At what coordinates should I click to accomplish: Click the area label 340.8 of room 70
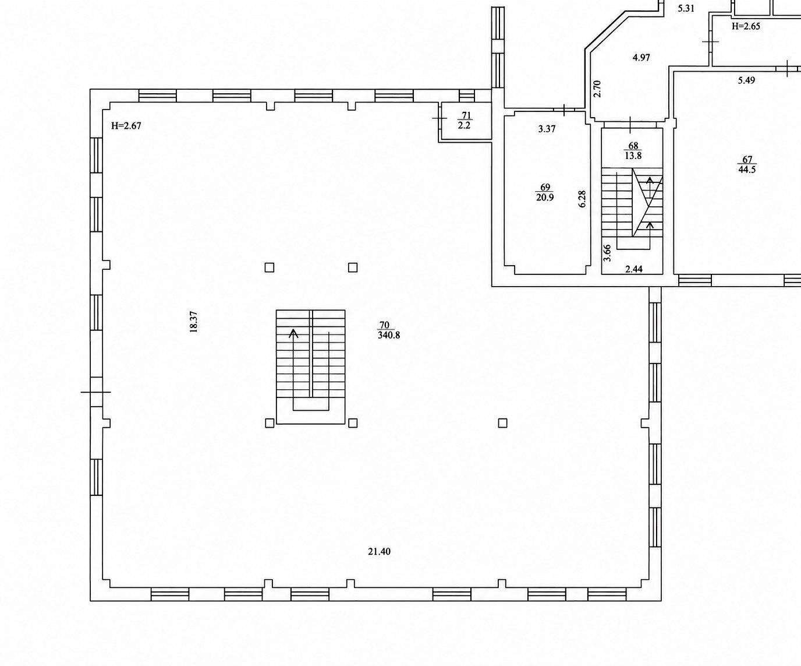(389, 335)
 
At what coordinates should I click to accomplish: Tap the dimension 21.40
(379, 552)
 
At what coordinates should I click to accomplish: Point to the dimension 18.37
(193, 322)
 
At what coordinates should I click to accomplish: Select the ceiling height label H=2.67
(126, 126)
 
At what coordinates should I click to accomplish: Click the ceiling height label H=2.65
(746, 26)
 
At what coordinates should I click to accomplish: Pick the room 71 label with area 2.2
(465, 120)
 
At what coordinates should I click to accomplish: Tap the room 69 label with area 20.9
(545, 192)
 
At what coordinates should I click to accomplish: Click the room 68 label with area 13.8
(633, 150)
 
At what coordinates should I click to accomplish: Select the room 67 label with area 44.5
(747, 164)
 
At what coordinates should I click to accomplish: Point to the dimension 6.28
(582, 199)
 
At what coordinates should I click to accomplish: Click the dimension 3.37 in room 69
(547, 129)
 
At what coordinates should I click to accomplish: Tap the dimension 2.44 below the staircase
(634, 269)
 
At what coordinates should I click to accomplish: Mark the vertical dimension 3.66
(607, 253)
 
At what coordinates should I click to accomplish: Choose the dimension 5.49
(746, 80)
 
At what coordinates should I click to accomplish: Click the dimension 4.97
(641, 58)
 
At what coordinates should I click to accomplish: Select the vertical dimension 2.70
(597, 89)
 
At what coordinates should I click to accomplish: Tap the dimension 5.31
(686, 9)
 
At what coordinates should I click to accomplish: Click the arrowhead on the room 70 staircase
(293, 333)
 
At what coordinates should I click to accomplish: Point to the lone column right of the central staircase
(502, 423)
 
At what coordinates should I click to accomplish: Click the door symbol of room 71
(440, 118)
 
